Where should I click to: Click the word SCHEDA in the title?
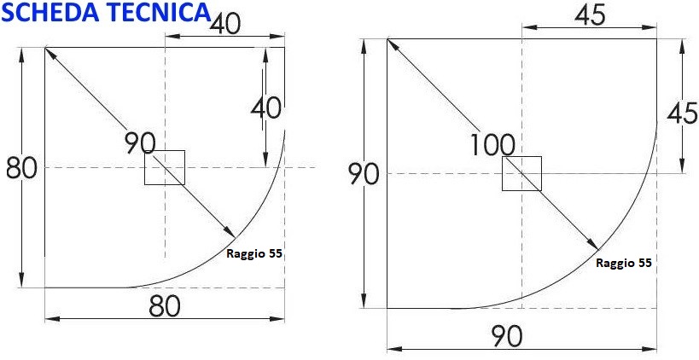click(50, 12)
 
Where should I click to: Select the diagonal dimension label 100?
click(492, 145)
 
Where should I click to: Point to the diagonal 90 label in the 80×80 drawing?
click(141, 143)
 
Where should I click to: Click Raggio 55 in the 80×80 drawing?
click(254, 254)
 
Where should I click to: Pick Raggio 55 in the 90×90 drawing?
click(624, 264)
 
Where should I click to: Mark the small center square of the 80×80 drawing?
click(165, 167)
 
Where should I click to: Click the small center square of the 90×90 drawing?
click(522, 173)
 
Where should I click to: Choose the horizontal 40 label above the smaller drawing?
click(225, 24)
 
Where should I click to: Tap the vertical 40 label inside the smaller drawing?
click(266, 108)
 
